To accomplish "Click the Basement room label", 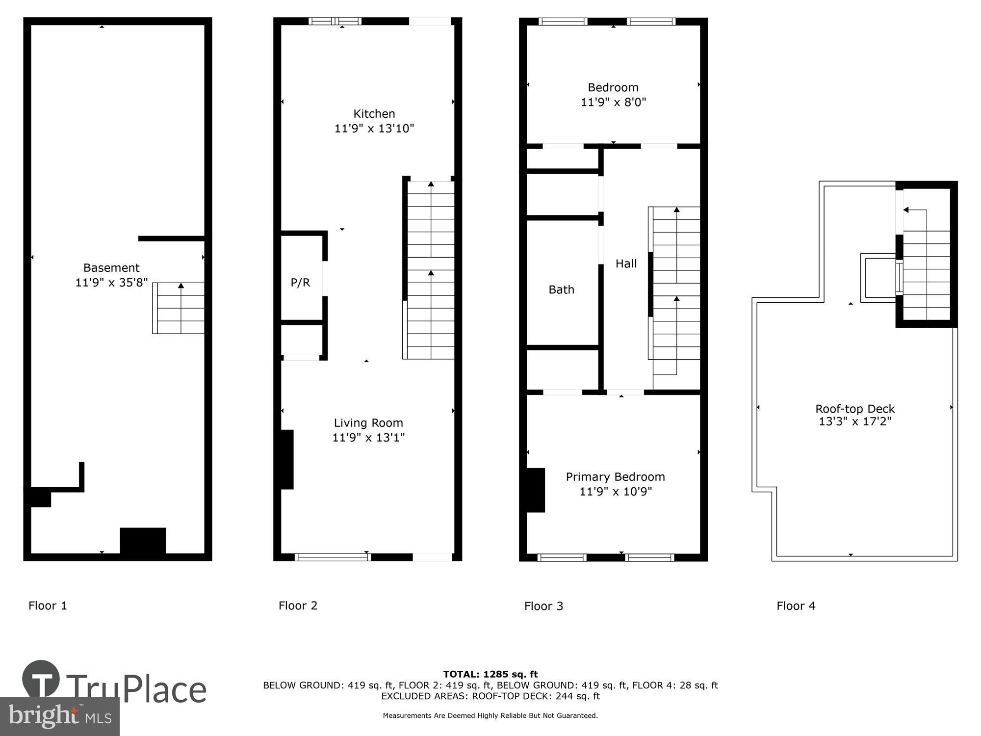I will pos(111,268).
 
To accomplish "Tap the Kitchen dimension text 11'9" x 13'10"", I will pos(374,129).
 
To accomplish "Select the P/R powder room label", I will pos(300,283).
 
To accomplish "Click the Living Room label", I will pos(368,423).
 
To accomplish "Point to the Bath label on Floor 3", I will pos(561,289).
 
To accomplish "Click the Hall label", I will pos(626,263).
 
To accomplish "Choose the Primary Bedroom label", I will pos(615,477).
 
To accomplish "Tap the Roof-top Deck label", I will pos(855,409).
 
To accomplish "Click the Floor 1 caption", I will pos(48,605).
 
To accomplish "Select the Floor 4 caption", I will pos(796,606).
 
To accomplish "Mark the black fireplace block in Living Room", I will pos(286,459).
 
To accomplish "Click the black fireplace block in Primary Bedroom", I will pos(535,490).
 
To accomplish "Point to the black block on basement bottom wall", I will pos(143,541).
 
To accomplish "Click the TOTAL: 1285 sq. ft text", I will pos(490,674).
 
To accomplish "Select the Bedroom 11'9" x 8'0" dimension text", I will pos(613,102).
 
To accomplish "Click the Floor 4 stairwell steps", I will pos(926,275).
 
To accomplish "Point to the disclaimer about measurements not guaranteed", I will pos(490,716).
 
